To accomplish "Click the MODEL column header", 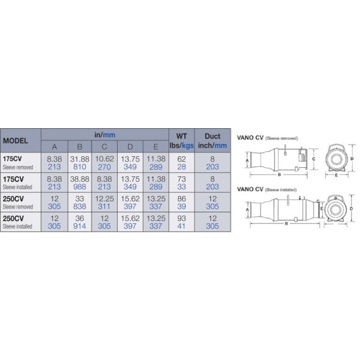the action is point(15,141).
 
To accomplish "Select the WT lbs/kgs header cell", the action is point(181,141).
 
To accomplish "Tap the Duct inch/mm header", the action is point(212,141).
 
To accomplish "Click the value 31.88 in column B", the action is point(80,159).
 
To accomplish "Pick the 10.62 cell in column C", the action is point(104,159).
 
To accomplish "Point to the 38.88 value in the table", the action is point(80,179).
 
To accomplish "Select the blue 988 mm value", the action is point(80,187).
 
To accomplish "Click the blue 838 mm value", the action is point(80,206).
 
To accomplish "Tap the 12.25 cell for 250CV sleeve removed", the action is point(104,199).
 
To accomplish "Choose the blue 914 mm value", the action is point(80,226).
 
